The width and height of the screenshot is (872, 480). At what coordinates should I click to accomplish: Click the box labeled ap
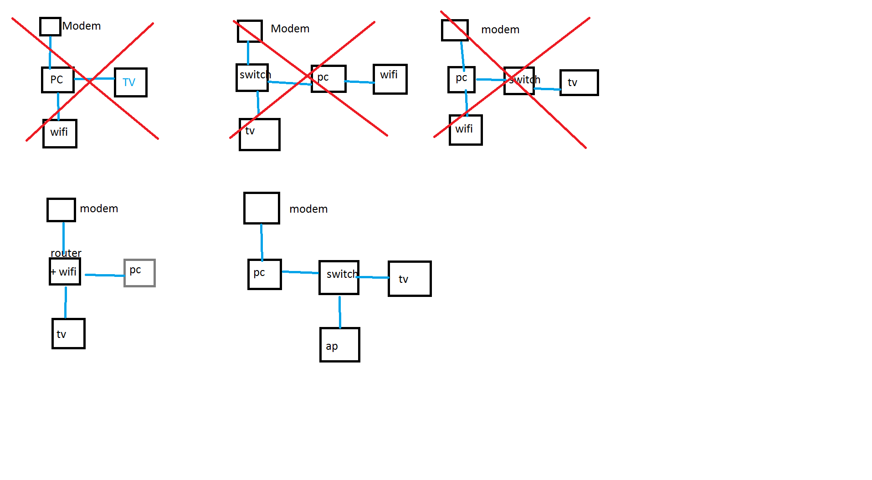click(340, 345)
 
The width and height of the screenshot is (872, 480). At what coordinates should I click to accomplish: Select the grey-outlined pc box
click(139, 273)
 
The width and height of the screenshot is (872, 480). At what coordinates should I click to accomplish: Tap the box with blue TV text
click(130, 82)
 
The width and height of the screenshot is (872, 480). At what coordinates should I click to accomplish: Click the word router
click(66, 253)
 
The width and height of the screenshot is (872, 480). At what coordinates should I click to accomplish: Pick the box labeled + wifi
click(65, 272)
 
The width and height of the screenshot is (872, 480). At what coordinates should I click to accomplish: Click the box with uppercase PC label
click(58, 80)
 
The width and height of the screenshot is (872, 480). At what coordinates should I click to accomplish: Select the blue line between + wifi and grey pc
click(104, 275)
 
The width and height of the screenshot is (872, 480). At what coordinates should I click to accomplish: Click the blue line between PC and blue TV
click(94, 79)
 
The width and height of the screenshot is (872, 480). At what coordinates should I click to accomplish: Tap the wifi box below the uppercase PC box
click(60, 133)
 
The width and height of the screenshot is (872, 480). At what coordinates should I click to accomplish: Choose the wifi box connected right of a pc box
click(390, 79)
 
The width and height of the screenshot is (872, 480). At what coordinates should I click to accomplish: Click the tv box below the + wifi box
click(68, 334)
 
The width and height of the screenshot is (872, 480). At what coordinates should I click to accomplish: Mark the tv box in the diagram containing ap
click(410, 279)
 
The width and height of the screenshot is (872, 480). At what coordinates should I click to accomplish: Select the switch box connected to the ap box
click(339, 277)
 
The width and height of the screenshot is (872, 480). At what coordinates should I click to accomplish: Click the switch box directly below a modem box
click(252, 77)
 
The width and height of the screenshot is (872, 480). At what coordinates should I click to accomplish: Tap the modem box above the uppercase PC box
click(50, 26)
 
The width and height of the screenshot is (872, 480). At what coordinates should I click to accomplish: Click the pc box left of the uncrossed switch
click(264, 274)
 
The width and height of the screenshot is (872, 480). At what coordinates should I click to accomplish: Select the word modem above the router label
click(99, 209)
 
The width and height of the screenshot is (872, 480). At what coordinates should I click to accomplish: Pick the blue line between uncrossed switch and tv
click(374, 277)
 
